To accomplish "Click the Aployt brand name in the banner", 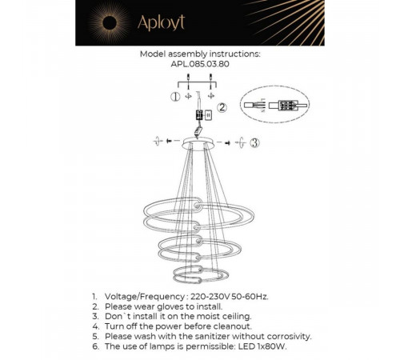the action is [x=161, y=22].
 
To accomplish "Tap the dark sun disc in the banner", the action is [x=110, y=23].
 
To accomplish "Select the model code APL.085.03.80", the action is [x=200, y=64].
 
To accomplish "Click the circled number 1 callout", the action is [x=175, y=97].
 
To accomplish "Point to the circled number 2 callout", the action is [x=222, y=107].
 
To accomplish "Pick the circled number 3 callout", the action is [x=254, y=142].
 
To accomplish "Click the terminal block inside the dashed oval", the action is [x=287, y=105].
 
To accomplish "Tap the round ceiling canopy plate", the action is [x=198, y=143].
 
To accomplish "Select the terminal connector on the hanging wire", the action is [x=199, y=115].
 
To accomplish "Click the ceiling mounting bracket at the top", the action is [x=197, y=84].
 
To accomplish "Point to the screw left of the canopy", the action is [x=169, y=141].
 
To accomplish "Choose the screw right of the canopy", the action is [x=227, y=143].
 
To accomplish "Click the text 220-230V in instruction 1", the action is [x=210, y=297].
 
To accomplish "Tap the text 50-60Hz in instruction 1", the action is [x=250, y=297].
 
